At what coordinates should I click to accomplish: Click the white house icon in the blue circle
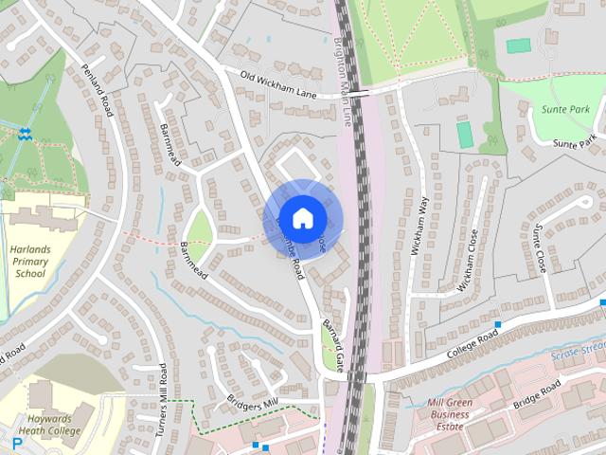(x=302, y=218)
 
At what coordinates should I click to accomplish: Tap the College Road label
(x=473, y=347)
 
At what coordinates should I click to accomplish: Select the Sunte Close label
(x=540, y=248)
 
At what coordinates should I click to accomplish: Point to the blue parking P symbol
(x=17, y=442)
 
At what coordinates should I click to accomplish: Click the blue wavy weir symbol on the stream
(x=25, y=134)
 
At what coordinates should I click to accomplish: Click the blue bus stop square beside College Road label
(x=498, y=323)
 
